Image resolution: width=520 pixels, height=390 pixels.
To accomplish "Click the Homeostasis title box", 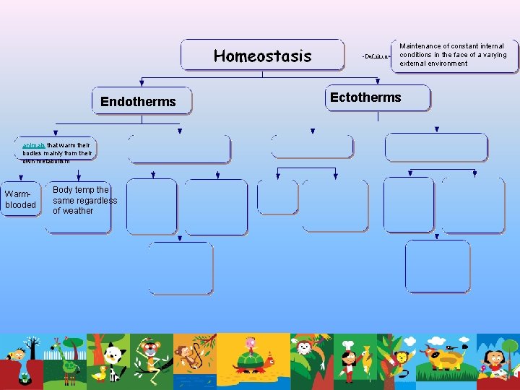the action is coord(262,56).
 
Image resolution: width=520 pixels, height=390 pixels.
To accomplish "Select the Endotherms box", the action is coord(142,101).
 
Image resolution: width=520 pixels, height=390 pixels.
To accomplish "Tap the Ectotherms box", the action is coord(376,97).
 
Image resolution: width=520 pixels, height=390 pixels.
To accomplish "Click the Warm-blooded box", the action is coord(20,199).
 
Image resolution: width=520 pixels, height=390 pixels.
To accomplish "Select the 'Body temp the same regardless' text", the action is coord(84,195).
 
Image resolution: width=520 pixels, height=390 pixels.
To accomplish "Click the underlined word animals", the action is coord(34,145).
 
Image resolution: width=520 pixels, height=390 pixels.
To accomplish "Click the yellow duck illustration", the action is coord(100,373).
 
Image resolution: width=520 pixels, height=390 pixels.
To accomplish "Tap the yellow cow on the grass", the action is coord(444,357).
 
